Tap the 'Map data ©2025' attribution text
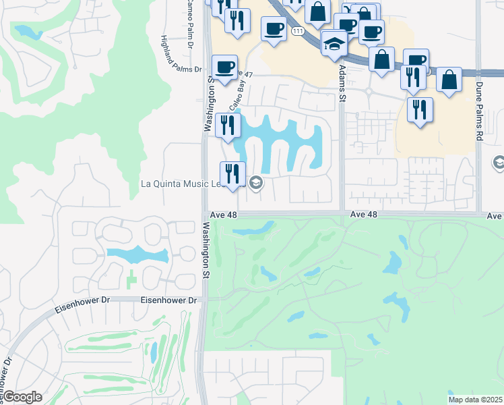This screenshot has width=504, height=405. tap(476, 399)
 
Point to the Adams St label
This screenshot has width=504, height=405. tap(342, 84)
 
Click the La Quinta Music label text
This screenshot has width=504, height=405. tap(178, 183)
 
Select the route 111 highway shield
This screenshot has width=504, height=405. tap(297, 32)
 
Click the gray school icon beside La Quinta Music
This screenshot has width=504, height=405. tap(255, 182)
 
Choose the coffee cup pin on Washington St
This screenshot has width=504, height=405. tap(225, 67)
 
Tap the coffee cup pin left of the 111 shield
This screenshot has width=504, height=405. tap(274, 29)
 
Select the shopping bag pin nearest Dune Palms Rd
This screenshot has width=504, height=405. tap(449, 80)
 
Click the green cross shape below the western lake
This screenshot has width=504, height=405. tap(131, 279)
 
